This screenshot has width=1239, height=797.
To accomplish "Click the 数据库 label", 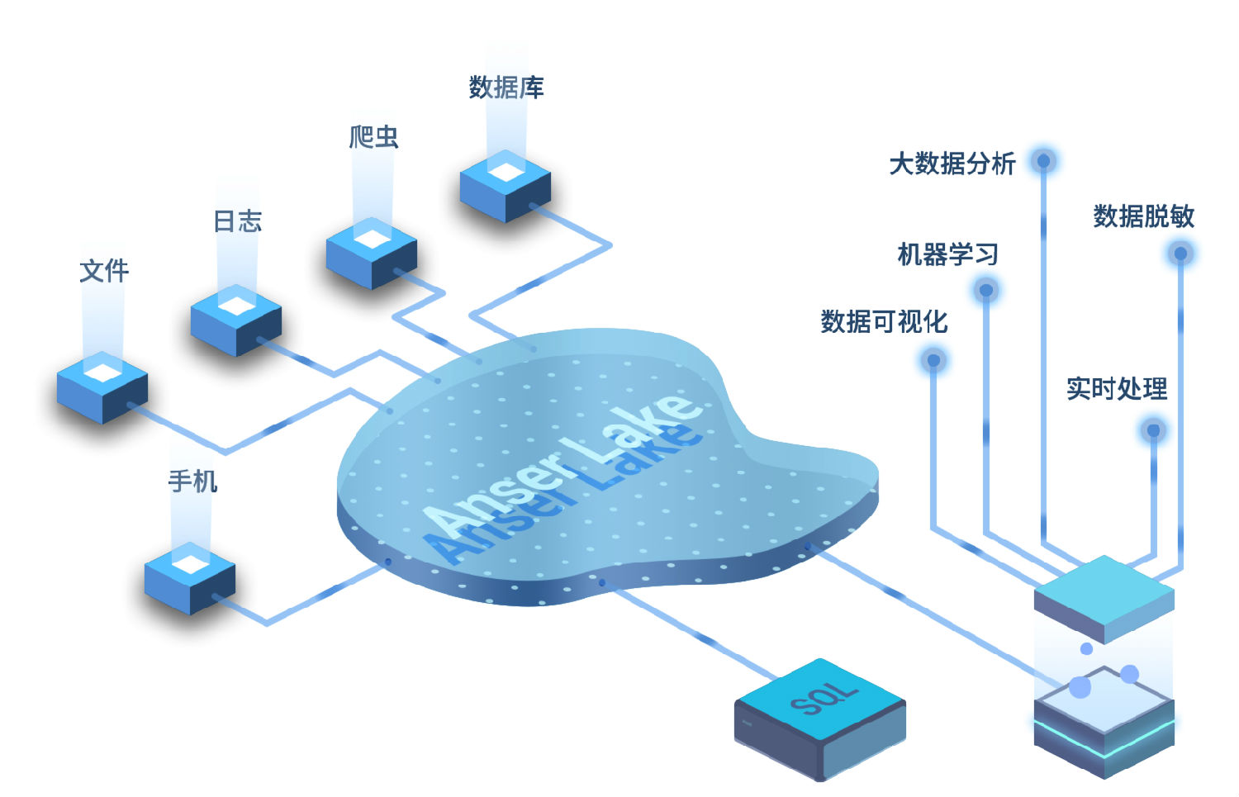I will point(506,88).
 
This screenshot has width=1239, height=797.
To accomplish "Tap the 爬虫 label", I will point(373,137).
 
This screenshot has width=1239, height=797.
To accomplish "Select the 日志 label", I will point(238,221).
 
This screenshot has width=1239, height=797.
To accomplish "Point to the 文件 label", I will point(104,271).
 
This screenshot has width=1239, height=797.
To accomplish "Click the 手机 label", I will point(193,481).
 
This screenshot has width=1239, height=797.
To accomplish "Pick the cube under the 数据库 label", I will point(506,187).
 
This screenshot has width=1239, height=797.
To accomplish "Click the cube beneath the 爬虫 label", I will point(372,254).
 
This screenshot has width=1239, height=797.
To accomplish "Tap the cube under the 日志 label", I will point(236,320).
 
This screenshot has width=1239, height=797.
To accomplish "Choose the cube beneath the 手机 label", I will point(190,579).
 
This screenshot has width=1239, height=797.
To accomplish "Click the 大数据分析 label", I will point(952,164).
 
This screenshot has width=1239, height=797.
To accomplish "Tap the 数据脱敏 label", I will point(1144,216).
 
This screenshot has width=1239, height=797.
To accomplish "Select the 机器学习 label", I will point(948,254).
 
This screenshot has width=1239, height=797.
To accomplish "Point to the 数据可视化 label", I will point(884,321).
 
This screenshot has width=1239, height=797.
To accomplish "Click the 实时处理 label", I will point(1117,388).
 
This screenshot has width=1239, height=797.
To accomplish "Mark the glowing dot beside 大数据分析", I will point(1044,160).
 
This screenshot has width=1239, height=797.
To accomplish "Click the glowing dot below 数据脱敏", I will point(1180,253).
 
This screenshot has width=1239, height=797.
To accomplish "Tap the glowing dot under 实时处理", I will point(1154,429).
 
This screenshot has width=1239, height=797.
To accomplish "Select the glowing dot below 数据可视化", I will point(933,360).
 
